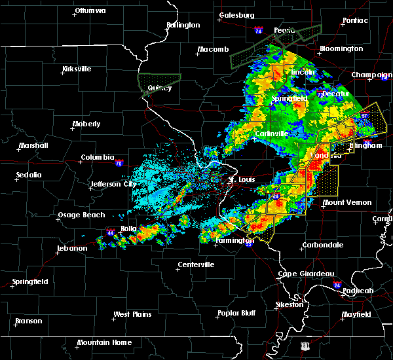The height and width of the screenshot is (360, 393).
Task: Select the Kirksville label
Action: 77,69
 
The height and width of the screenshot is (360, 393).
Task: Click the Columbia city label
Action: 98,158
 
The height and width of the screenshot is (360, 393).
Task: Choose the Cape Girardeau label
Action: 307,274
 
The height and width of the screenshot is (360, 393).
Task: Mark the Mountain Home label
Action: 104,342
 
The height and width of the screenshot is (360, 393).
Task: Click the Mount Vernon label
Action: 347,203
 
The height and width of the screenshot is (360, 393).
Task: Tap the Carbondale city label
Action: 322,245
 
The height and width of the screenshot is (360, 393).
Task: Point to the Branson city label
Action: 28,321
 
